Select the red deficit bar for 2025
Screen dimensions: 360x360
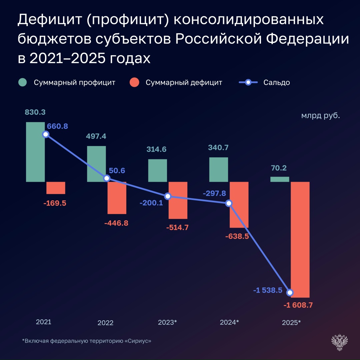(x=300, y=239)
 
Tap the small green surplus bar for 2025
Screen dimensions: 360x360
(x=280, y=179)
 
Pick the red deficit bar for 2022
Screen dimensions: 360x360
(x=117, y=198)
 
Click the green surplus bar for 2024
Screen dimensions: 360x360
(x=219, y=170)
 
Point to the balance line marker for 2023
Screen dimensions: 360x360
(x=168, y=196)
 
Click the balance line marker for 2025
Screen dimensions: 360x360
(x=290, y=292)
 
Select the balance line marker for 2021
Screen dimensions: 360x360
(x=46, y=134)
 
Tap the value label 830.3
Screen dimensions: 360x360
(x=35, y=112)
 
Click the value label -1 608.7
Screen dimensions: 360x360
(x=298, y=305)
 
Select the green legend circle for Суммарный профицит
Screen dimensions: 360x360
(x=23, y=82)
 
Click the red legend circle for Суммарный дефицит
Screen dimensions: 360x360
(x=135, y=82)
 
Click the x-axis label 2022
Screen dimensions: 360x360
(x=105, y=323)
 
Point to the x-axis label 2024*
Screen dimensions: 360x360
(x=229, y=322)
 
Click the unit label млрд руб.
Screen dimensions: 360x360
(x=321, y=116)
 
